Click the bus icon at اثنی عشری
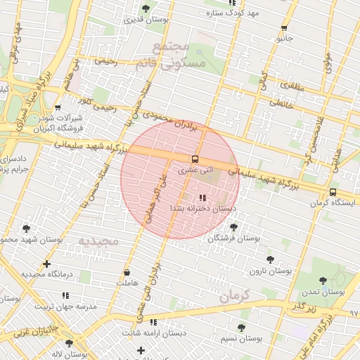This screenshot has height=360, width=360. point(195,158)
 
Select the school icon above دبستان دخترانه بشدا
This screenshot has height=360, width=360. point(203,198)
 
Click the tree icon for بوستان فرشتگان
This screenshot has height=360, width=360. point(233,227)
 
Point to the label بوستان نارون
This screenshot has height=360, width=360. point(274,271)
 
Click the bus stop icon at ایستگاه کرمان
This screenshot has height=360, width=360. point(333,192)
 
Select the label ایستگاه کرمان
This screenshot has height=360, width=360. point(329,203)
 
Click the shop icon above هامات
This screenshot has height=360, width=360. point(127,272)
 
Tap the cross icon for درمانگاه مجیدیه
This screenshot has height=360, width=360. point(46,264)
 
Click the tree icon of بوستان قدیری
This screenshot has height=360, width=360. point(146,8)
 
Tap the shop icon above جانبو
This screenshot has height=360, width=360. point(284,28)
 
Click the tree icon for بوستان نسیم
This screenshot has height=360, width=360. point(241,328)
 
